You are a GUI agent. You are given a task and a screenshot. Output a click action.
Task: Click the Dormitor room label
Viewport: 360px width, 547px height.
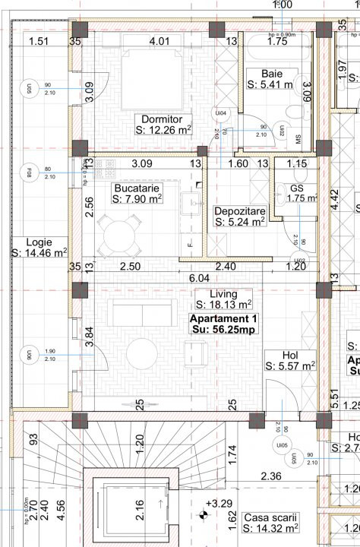click(162, 119)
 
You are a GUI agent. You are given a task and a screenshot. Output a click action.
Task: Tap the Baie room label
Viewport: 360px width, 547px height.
click(271, 73)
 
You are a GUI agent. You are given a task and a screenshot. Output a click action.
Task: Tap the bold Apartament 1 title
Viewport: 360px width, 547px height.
click(223, 318)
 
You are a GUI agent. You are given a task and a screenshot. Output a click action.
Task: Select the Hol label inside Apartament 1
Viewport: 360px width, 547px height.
click(290, 354)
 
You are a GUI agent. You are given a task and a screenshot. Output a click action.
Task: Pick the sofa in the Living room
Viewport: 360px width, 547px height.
click(134, 313)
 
